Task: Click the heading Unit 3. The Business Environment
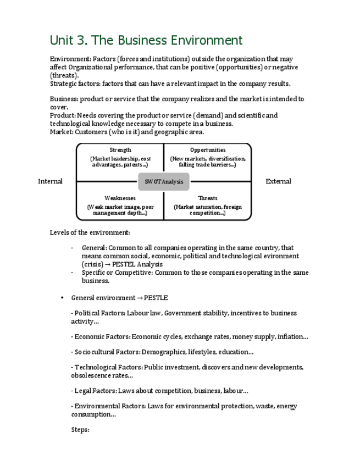point(146,41)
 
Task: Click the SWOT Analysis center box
point(164,181)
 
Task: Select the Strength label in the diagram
point(120,150)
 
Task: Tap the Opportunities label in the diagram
point(208,150)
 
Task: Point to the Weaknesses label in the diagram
point(120,198)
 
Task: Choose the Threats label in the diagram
point(208,198)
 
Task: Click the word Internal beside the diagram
point(50,181)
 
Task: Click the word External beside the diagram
point(278,181)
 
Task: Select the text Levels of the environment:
point(90,232)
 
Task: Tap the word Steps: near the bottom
point(80,430)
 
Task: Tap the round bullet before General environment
point(62,298)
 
